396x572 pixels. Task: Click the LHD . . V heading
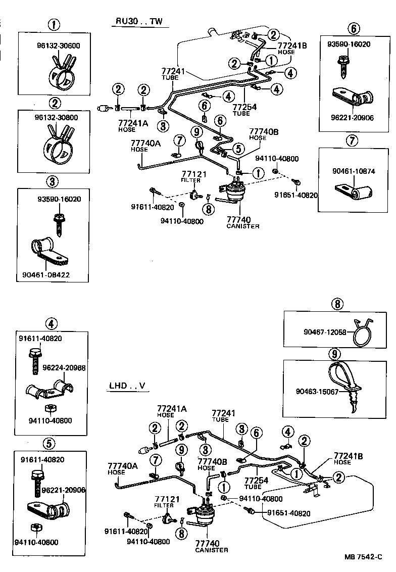click(x=127, y=386)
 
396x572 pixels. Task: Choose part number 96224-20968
click(x=64, y=368)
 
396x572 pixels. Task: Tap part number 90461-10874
click(x=354, y=171)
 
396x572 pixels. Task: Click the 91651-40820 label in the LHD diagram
click(x=289, y=513)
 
